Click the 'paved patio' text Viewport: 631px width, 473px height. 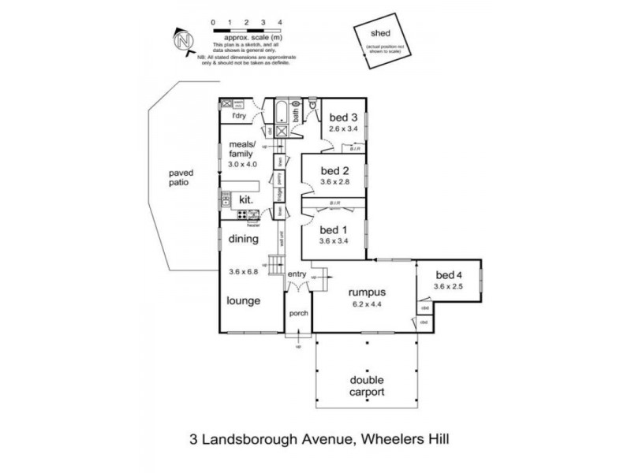[181, 177]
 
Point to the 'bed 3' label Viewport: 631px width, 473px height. [343, 118]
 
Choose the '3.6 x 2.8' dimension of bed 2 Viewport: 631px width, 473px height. [334, 181]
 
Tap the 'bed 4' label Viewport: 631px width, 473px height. [450, 275]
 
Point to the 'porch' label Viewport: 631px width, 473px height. [298, 313]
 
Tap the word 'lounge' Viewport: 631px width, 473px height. [244, 300]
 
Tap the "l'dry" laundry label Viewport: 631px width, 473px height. [237, 117]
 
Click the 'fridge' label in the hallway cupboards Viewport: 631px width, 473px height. [279, 195]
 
